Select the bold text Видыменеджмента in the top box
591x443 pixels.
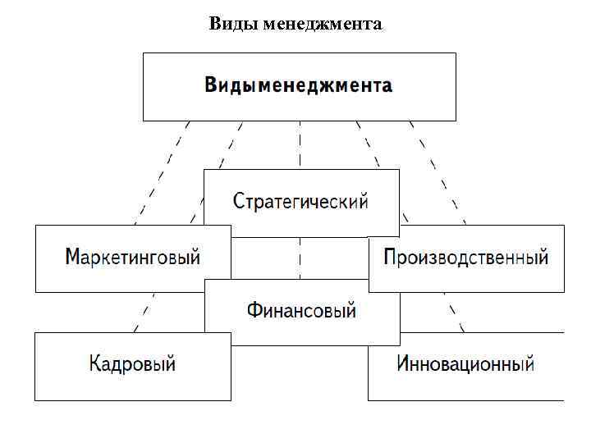[299, 85]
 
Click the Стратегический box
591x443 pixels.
[301, 202]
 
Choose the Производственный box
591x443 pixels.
[466, 258]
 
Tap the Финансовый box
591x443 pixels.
[302, 311]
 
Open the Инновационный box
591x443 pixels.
[465, 364]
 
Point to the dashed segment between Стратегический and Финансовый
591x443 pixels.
[300, 258]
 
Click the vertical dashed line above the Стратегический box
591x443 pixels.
[300, 145]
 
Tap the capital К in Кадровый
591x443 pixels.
[94, 363]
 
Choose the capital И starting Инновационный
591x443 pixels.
[404, 363]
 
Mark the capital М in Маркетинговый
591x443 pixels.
[73, 258]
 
